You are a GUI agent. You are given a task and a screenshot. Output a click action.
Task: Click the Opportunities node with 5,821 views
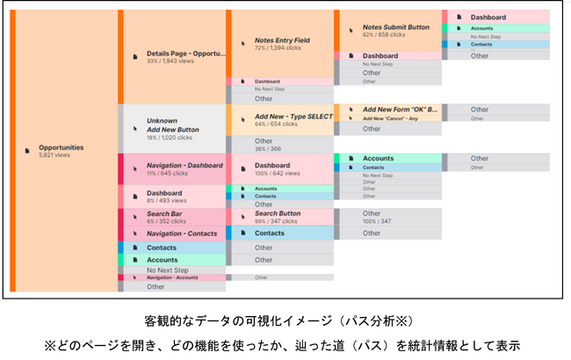pos(61,151)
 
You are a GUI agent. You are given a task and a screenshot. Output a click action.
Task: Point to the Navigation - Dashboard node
pos(184,165)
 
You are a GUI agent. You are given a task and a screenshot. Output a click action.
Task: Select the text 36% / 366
pos(268,148)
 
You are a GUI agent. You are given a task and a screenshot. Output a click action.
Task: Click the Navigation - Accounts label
pos(172,277)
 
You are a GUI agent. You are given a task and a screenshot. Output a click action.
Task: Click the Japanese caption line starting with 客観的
pos(285,321)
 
